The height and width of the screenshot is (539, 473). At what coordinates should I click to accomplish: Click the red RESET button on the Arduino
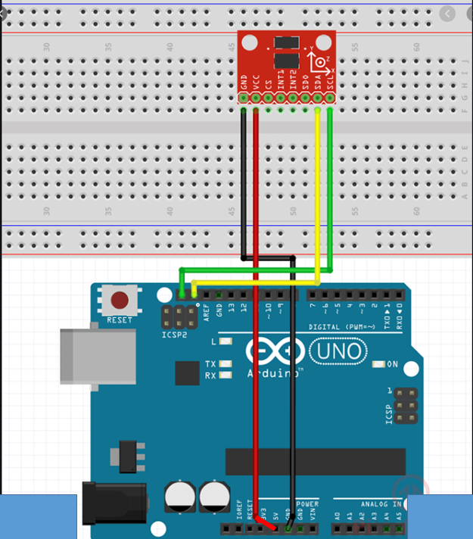120,300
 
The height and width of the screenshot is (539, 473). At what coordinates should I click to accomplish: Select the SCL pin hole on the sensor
330,97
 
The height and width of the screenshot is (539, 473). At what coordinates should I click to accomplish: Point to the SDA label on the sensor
318,80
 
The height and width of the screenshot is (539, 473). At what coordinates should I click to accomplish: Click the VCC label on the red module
256,80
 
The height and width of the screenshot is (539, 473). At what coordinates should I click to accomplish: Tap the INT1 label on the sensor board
281,79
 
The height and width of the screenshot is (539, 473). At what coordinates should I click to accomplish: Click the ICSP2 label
174,335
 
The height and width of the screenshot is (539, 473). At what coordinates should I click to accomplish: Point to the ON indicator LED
379,365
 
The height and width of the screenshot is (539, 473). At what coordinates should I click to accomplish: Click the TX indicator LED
225,364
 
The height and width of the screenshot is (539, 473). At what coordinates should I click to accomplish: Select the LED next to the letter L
225,342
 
